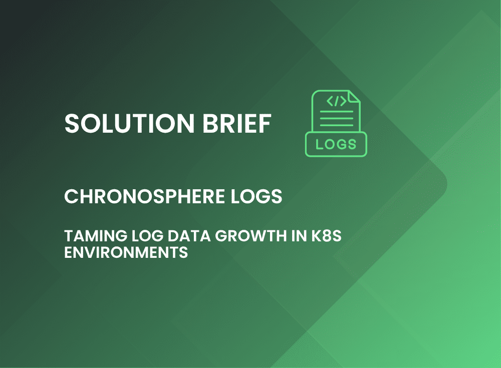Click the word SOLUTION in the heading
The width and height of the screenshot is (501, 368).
(129, 123)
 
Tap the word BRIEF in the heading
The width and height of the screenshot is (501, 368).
(237, 123)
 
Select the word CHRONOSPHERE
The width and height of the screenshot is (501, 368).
(144, 196)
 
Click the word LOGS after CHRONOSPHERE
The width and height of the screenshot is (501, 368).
(256, 196)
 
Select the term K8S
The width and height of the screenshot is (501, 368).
(326, 236)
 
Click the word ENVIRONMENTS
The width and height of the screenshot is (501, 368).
(126, 252)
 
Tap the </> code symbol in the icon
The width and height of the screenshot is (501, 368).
(337, 101)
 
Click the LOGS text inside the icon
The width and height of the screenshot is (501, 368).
(336, 144)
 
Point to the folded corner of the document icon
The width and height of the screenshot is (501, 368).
(354, 97)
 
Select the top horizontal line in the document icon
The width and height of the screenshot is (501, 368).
(337, 112)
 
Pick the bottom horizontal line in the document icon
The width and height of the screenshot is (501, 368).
(337, 125)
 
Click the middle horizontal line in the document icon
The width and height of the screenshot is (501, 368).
(337, 118)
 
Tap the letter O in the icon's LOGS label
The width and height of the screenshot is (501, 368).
(330, 144)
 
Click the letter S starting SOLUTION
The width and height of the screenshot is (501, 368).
(72, 123)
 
